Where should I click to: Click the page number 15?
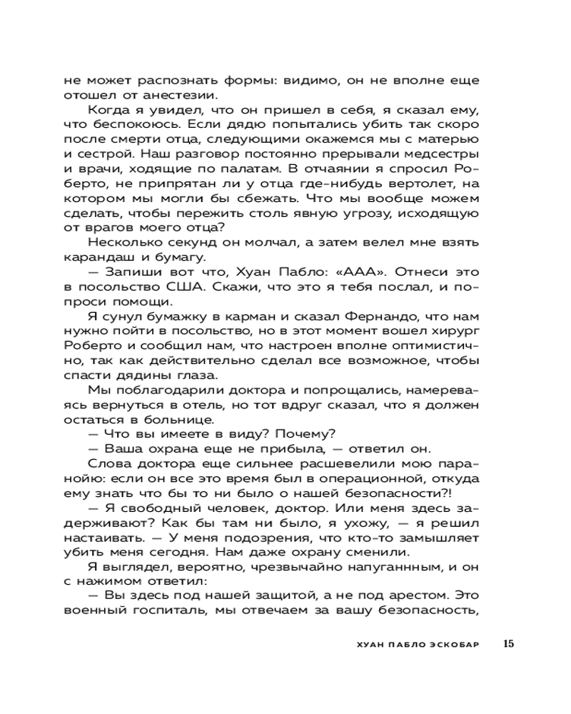pyautogui.click(x=508, y=643)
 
